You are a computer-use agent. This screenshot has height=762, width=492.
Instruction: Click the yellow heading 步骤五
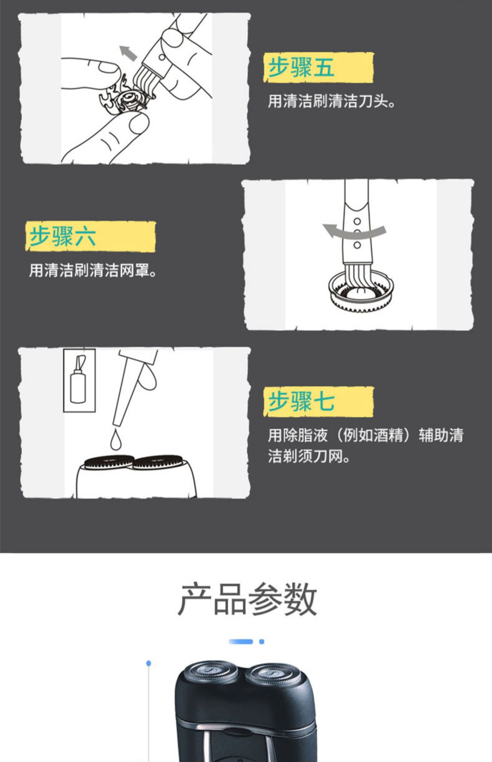click(x=301, y=67)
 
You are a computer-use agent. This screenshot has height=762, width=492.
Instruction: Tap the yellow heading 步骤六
click(x=63, y=237)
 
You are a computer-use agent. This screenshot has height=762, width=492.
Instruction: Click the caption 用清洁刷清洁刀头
click(x=332, y=101)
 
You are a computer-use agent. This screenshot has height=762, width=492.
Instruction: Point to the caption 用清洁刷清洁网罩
click(x=93, y=270)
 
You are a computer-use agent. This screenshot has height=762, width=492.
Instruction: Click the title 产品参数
click(x=247, y=599)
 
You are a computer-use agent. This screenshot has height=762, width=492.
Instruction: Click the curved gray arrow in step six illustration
click(x=354, y=231)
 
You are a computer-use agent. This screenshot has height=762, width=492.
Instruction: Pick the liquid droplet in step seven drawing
click(x=115, y=440)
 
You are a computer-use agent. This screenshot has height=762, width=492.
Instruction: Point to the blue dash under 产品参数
click(x=241, y=641)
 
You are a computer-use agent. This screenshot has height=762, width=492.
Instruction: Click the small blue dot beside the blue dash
click(x=261, y=641)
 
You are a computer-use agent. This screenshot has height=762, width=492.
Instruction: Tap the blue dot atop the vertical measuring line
click(x=149, y=663)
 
